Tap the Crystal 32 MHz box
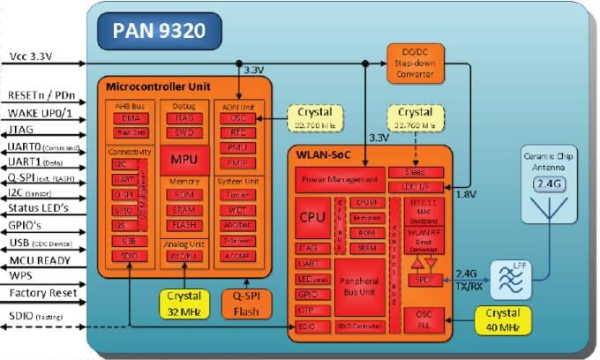click(184, 303)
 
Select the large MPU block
click(183, 160)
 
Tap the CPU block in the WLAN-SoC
click(312, 216)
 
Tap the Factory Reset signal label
click(41, 292)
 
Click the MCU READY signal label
click(39, 260)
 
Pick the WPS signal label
click(21, 276)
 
